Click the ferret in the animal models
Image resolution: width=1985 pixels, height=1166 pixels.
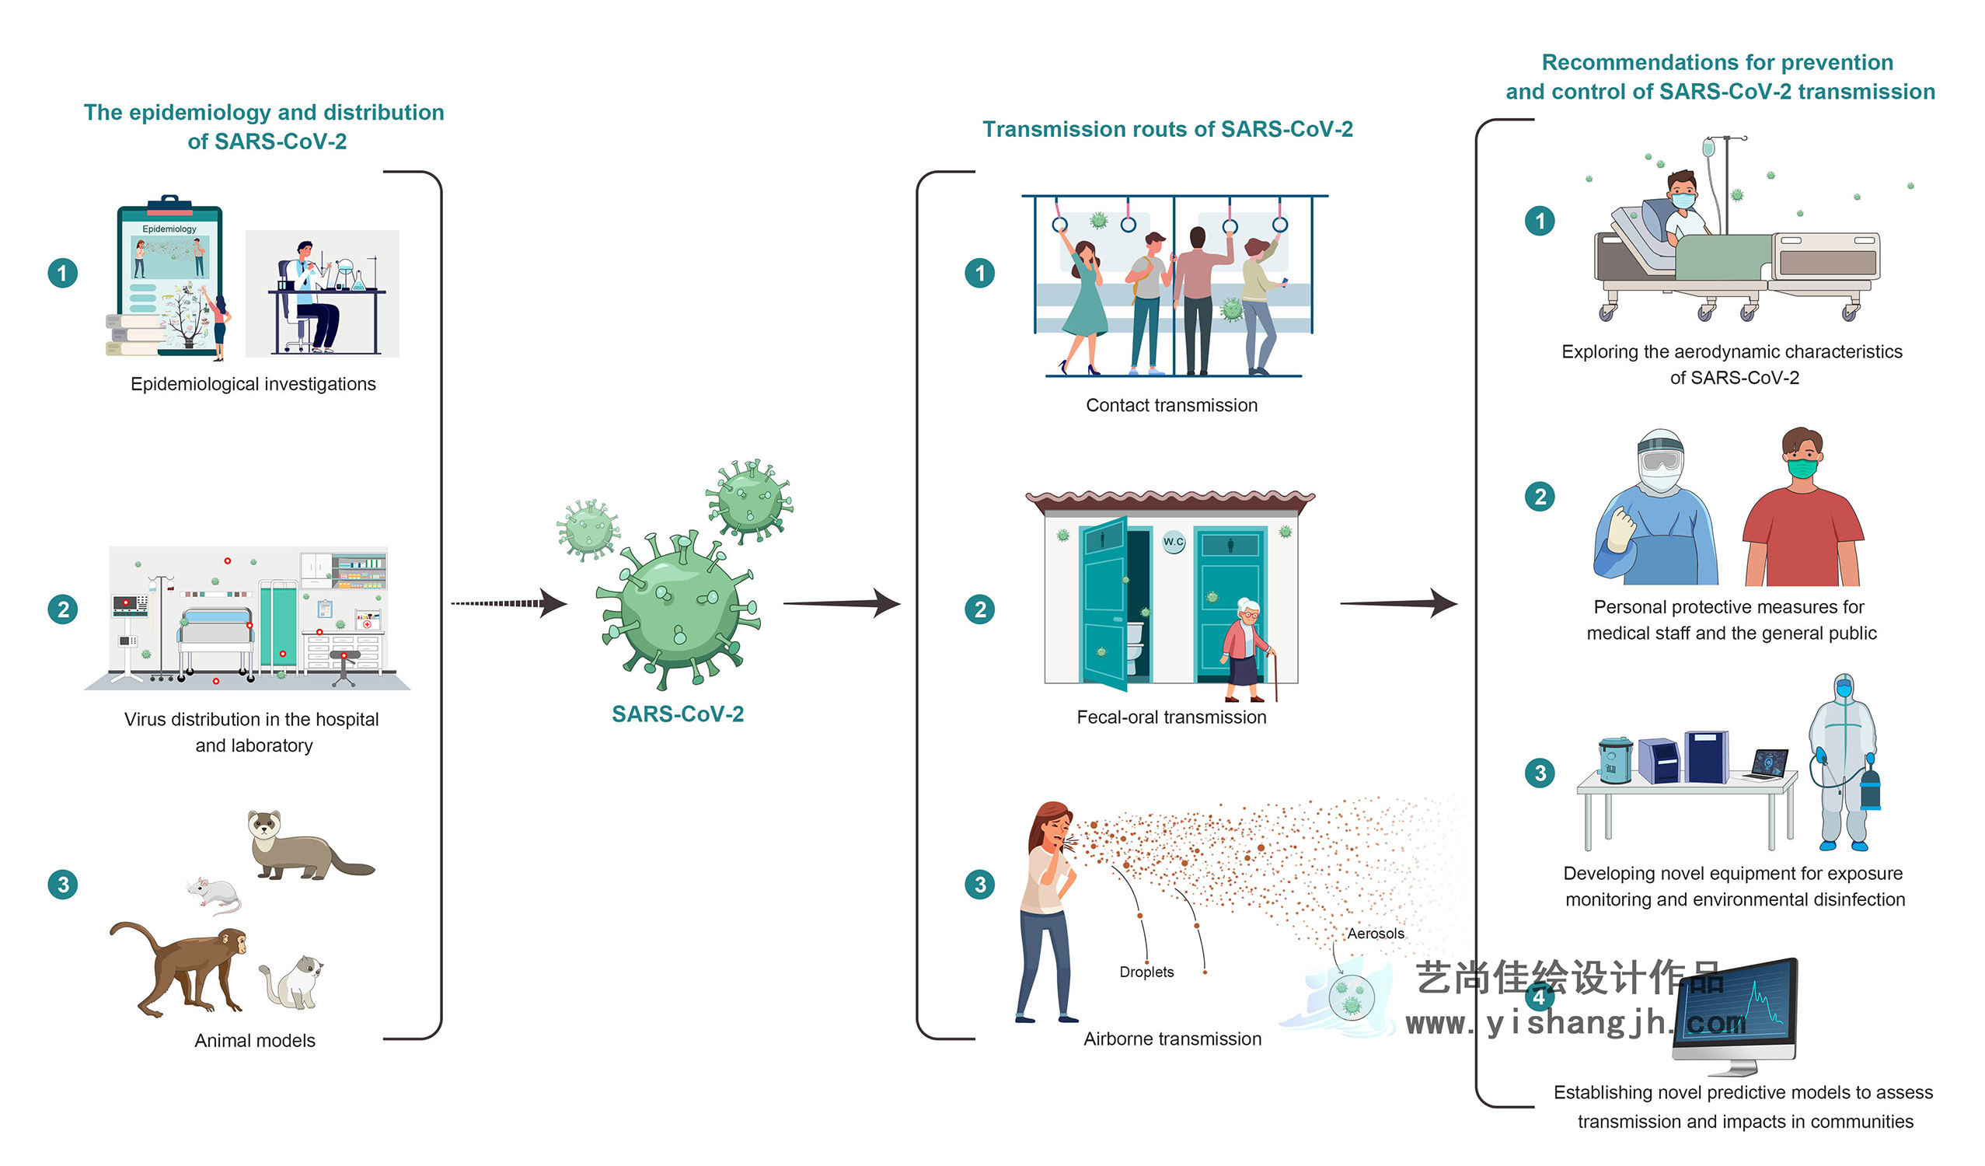click(303, 848)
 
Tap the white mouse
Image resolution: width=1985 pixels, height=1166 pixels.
click(215, 893)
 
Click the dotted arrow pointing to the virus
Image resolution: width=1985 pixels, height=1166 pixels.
click(508, 604)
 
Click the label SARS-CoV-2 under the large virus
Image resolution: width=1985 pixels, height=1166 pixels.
click(678, 714)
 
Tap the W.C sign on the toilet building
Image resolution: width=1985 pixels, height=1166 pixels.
click(1174, 542)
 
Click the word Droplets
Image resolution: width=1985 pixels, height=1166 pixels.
click(1146, 972)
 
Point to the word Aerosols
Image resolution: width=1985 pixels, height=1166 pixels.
click(1376, 934)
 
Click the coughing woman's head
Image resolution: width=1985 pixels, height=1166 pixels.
click(1052, 827)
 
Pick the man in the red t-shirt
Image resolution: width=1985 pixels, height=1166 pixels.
click(1802, 512)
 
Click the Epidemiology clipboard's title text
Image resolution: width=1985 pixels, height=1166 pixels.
click(169, 229)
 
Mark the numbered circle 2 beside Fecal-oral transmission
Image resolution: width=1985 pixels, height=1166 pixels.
click(980, 609)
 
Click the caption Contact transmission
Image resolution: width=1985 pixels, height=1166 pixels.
click(1171, 406)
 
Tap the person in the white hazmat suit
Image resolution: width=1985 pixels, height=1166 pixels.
click(1844, 760)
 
